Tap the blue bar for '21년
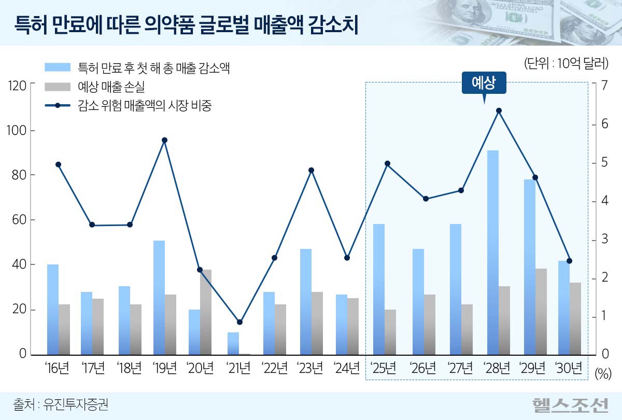tap(233, 343)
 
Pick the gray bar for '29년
tap(541, 312)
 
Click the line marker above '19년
tap(164, 140)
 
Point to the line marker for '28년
tap(499, 110)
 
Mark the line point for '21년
tap(239, 322)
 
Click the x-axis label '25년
tap(384, 368)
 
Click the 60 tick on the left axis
tap(20, 220)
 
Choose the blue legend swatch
tap(57, 67)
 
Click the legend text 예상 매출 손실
tap(111, 87)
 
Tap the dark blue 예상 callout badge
tap(484, 83)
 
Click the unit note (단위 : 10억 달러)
tap(566, 64)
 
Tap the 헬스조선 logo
tap(571, 404)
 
